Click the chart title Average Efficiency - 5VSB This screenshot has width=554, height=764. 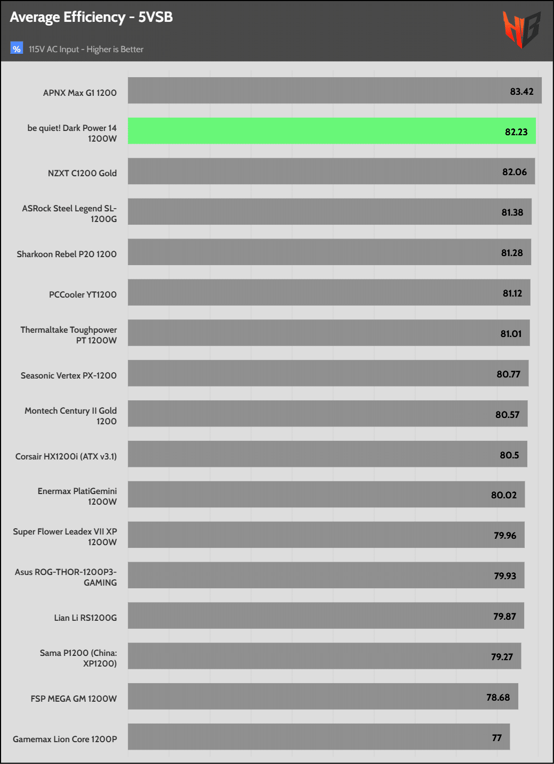(x=91, y=17)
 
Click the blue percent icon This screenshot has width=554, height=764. (x=17, y=48)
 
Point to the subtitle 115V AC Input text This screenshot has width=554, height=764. (x=86, y=49)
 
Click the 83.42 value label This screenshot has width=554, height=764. (x=522, y=92)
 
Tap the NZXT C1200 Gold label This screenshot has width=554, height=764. (x=82, y=173)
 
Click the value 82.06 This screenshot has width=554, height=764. (x=514, y=172)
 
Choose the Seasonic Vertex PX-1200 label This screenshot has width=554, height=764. (x=69, y=375)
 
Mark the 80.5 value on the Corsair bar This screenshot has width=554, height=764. (x=509, y=455)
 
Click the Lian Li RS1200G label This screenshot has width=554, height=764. (x=85, y=618)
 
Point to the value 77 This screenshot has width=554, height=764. (x=496, y=738)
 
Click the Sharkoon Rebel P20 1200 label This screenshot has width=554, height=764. (x=67, y=254)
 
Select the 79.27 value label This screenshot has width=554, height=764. (x=502, y=657)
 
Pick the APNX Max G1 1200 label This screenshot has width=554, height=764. (x=80, y=93)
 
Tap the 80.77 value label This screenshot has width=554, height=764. (x=508, y=374)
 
